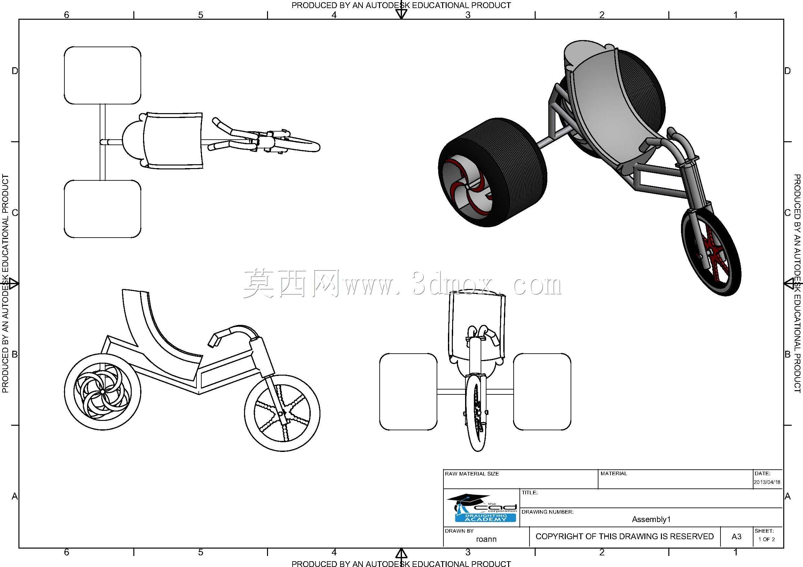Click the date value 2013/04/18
(767, 482)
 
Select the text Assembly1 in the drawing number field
(651, 519)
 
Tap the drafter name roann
(486, 539)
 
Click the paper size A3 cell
(736, 537)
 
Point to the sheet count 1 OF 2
(767, 540)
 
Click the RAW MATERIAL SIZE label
(472, 474)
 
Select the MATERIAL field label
(614, 473)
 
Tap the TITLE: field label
(530, 493)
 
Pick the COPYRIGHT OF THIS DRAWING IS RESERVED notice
(625, 536)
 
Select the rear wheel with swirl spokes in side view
(103, 392)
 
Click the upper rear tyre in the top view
(103, 75)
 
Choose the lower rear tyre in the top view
(103, 209)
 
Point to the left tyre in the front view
(408, 391)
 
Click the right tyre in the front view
(542, 391)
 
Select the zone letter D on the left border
(15, 71)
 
